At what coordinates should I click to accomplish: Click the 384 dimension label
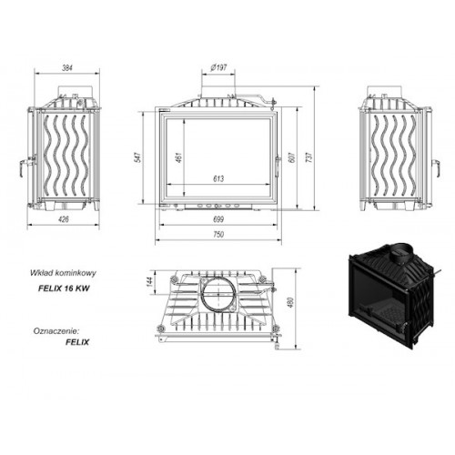67,68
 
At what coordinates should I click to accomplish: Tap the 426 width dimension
64,219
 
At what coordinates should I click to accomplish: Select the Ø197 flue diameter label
218,67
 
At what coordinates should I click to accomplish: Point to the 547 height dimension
137,157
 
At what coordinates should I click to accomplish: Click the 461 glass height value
179,157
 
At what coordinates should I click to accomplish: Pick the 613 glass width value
218,178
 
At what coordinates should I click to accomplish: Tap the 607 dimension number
292,157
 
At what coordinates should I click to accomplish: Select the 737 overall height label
309,157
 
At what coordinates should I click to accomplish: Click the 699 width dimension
218,219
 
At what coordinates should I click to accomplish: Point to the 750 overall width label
218,235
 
